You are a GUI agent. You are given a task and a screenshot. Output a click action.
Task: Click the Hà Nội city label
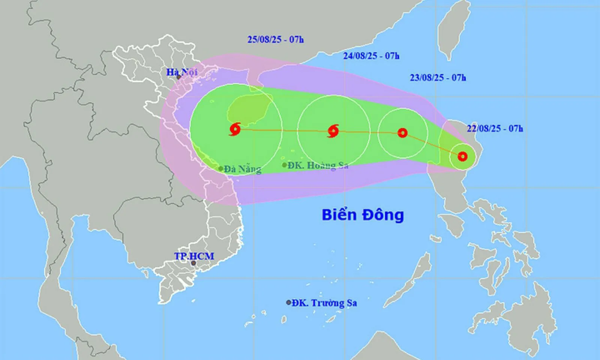pyautogui.click(x=182, y=72)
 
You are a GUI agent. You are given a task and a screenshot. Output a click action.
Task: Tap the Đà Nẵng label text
pyautogui.click(x=243, y=169)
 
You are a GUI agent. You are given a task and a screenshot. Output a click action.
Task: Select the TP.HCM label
pyautogui.click(x=194, y=256)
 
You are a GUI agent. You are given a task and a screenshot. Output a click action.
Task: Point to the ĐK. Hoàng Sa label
pyautogui.click(x=318, y=165)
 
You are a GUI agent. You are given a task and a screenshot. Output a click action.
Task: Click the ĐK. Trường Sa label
pyautogui.click(x=324, y=303)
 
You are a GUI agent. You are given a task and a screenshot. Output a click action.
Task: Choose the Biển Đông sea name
pyautogui.click(x=363, y=215)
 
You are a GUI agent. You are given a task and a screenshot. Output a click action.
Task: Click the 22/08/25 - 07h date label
pyautogui.click(x=495, y=129)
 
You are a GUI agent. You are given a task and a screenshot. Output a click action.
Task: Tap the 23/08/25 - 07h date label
pyautogui.click(x=438, y=78)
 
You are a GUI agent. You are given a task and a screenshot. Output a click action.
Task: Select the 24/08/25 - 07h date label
pyautogui.click(x=371, y=56)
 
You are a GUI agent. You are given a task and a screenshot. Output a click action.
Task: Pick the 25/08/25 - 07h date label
pyautogui.click(x=275, y=39)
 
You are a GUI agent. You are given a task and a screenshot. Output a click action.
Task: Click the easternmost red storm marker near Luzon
pyautogui.click(x=463, y=156)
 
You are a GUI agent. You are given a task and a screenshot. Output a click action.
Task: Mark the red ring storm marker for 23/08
pyautogui.click(x=402, y=133)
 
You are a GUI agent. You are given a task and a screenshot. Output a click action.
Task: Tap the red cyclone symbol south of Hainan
pyautogui.click(x=235, y=129)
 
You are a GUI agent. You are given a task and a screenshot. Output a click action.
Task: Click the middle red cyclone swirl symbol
pyautogui.click(x=333, y=131)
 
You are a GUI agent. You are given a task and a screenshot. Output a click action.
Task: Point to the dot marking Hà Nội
pyautogui.click(x=179, y=77)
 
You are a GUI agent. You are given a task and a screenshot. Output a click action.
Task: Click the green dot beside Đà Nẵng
pyautogui.click(x=221, y=169)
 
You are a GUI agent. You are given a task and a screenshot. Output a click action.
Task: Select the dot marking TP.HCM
pyautogui.click(x=193, y=263)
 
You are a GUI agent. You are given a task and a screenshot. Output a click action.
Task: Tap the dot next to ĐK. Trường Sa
pyautogui.click(x=288, y=302)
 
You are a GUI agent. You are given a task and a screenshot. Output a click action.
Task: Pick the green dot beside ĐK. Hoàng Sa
pyautogui.click(x=284, y=165)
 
